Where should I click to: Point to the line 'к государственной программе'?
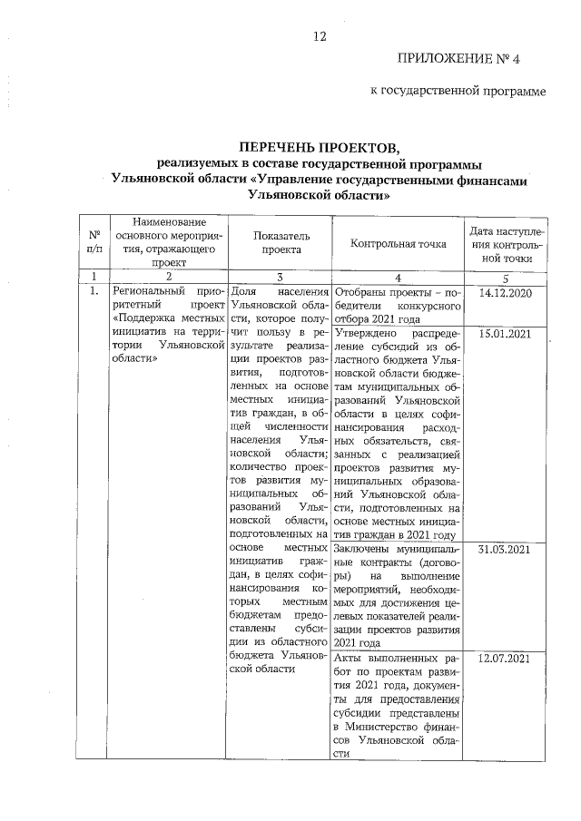pyautogui.click(x=458, y=92)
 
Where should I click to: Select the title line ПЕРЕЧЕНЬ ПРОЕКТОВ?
pyautogui.click(x=318, y=148)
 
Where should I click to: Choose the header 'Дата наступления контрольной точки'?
pyautogui.click(x=508, y=240)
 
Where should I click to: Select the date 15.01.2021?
pyautogui.click(x=505, y=334)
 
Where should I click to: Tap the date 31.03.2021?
pyautogui.click(x=505, y=550)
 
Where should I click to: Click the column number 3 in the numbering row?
pyautogui.click(x=279, y=276)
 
